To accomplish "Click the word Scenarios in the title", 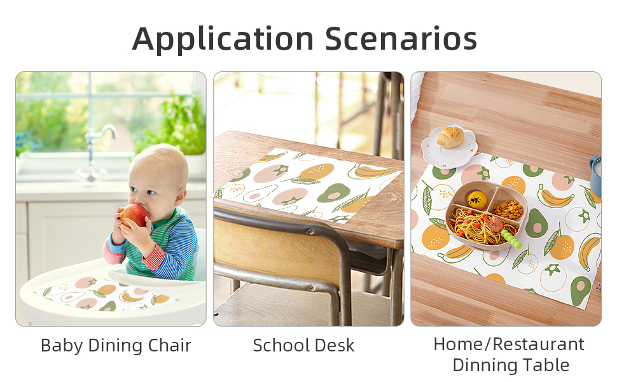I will click(401, 39).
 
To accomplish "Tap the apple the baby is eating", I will click(134, 215).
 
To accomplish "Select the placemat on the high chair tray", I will click(105, 294).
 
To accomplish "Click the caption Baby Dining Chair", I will click(116, 346).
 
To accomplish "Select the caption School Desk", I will click(303, 346).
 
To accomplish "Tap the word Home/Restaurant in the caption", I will click(508, 344).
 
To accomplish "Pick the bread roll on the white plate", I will click(451, 136).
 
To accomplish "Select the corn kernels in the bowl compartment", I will click(507, 208).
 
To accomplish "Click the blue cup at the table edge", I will click(595, 176).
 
